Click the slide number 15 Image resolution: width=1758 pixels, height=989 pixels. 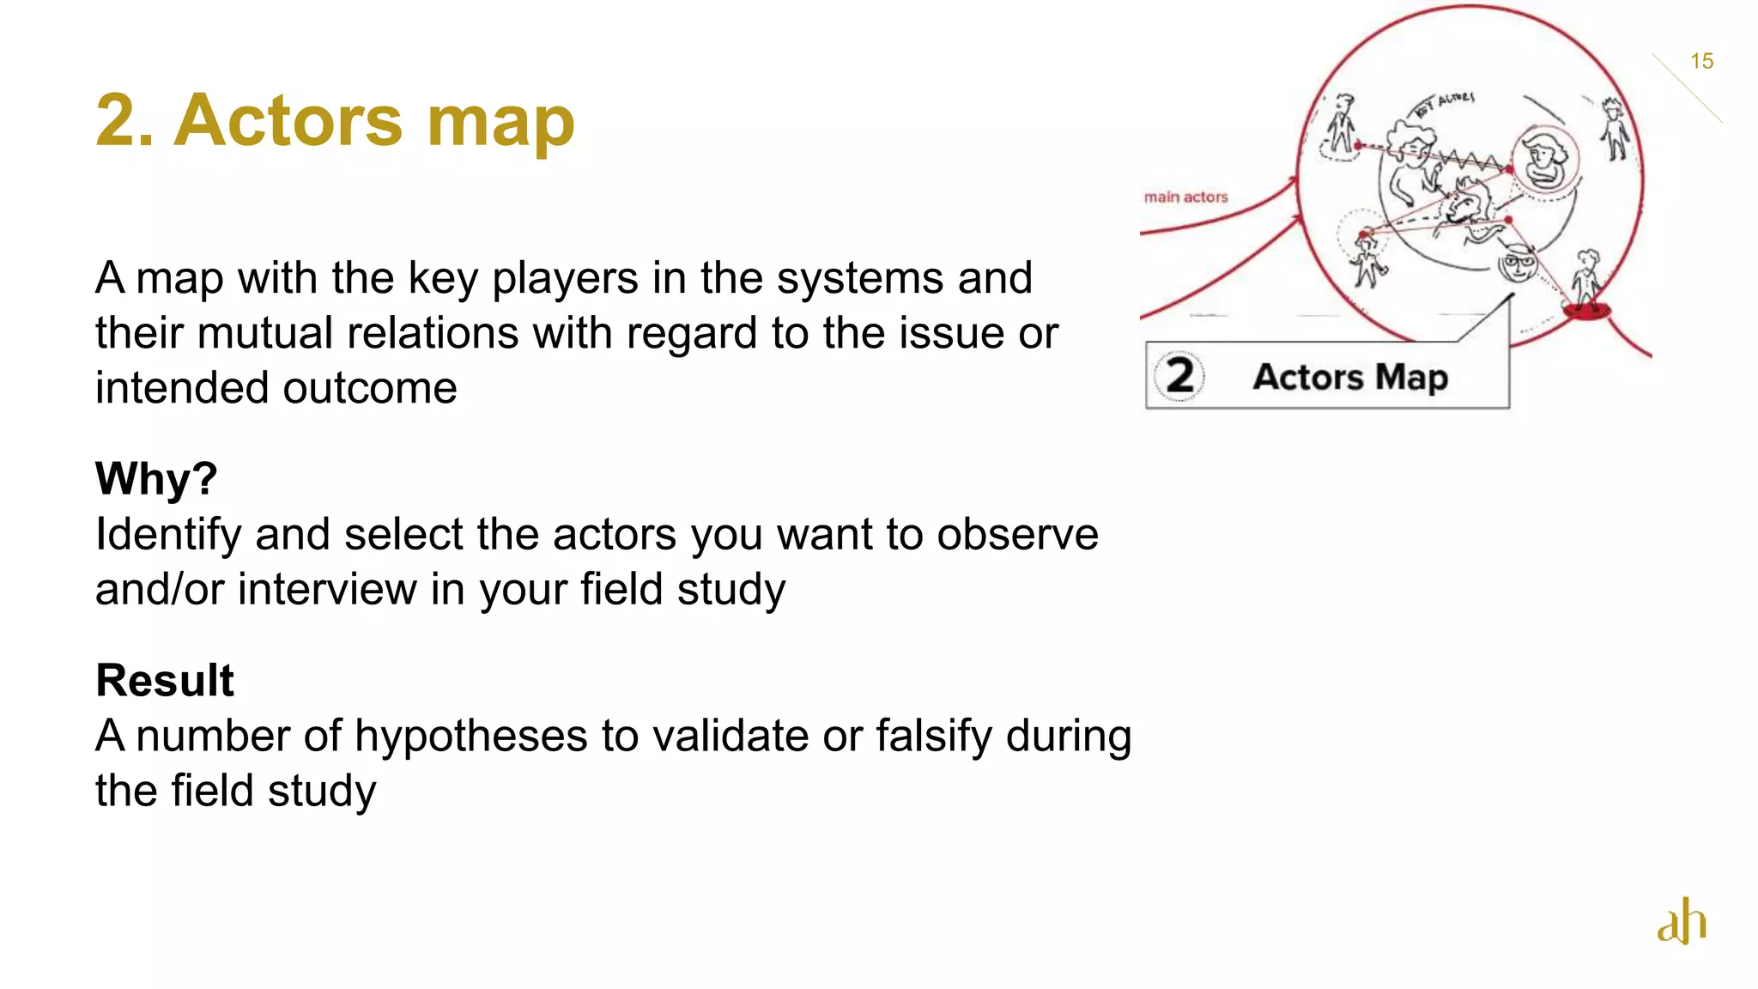tap(1701, 61)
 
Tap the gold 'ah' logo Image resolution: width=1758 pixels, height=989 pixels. tap(1682, 921)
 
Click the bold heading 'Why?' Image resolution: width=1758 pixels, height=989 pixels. tap(156, 478)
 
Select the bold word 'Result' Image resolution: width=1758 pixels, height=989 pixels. tap(164, 680)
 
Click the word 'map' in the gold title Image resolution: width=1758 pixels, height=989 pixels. tap(500, 121)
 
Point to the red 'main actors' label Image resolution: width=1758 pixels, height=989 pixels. tap(1185, 197)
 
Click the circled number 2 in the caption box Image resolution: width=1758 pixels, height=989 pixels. tap(1179, 375)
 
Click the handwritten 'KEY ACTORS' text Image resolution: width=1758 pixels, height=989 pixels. tap(1445, 103)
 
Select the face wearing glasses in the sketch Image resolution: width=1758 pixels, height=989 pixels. tap(1518, 263)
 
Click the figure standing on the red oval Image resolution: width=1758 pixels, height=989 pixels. tap(1586, 281)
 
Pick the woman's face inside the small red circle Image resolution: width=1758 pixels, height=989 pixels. tap(1543, 158)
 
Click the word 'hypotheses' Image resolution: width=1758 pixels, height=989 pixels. tap(471, 737)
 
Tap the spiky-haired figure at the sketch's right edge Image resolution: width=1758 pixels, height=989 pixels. tap(1615, 129)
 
